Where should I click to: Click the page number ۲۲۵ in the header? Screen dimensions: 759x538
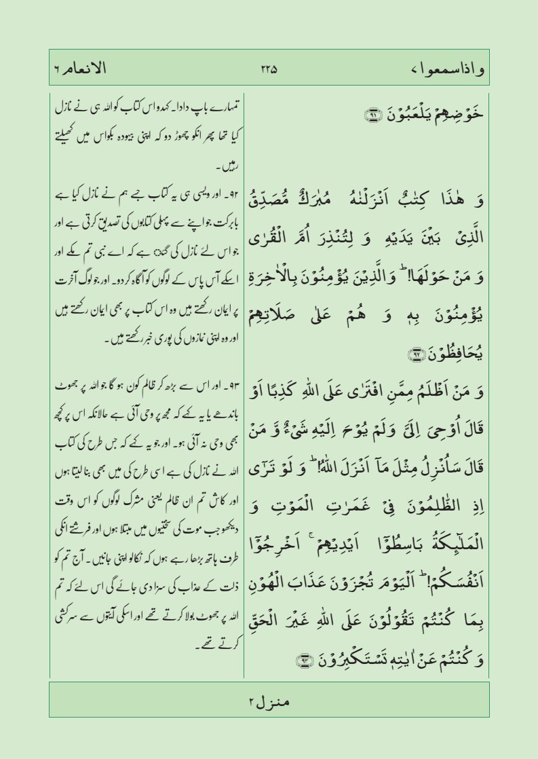pyautogui.click(x=269, y=69)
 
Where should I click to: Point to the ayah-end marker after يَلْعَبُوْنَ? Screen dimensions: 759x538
pyautogui.click(x=354, y=117)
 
